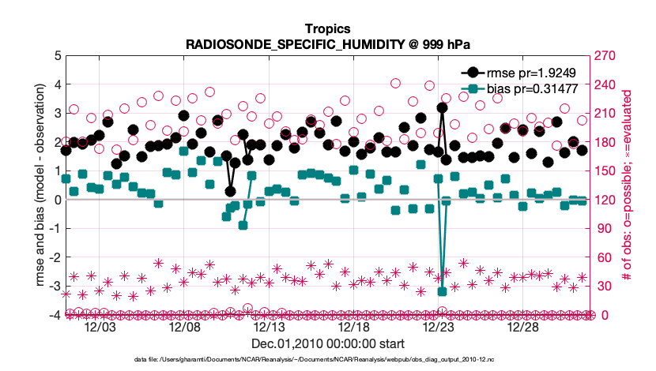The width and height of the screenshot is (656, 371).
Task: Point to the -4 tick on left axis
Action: tap(55, 315)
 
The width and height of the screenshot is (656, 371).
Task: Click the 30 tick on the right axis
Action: tap(600, 286)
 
